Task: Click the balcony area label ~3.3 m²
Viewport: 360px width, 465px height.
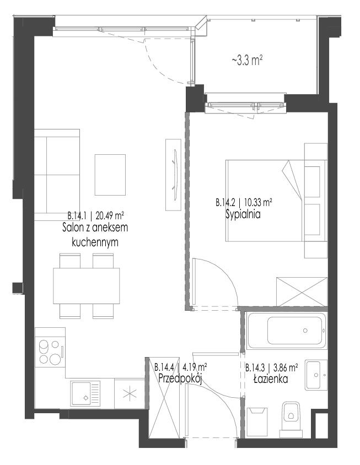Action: pos(247,61)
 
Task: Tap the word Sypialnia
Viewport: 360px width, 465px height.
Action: pos(243,214)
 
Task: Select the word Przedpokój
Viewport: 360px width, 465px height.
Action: pos(180,379)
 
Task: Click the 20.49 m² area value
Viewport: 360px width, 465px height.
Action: pos(110,214)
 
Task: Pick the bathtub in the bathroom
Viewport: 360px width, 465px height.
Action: pos(286,330)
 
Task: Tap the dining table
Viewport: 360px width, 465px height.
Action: pos(87,285)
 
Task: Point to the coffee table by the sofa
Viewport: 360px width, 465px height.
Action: pos(110,175)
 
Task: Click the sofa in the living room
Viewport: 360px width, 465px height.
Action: pos(57,175)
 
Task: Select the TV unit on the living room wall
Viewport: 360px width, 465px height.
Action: pos(173,175)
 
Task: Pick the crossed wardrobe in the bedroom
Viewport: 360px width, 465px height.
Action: pos(302,292)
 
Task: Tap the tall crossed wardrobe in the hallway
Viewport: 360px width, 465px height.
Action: pos(164,397)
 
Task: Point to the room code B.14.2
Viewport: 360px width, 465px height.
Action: pos(225,203)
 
